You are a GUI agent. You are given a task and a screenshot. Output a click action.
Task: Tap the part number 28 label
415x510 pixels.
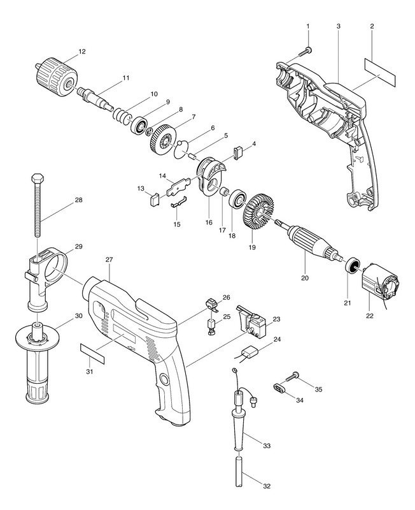click(78, 200)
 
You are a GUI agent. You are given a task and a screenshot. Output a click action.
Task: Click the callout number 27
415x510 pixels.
click(109, 260)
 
